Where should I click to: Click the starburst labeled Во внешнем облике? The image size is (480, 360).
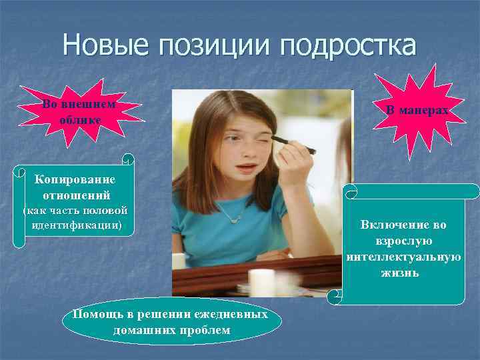point(79,112)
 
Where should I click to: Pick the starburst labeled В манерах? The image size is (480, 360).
point(417,111)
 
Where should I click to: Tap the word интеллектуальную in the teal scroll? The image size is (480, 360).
point(404,257)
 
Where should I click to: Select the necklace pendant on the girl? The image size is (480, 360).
point(234,218)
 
